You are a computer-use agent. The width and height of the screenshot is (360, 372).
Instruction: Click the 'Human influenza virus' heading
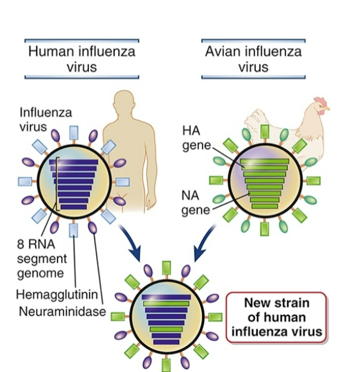82,59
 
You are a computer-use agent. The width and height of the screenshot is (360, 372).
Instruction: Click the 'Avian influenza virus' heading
253,59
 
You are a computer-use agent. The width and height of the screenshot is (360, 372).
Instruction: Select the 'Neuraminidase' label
62,311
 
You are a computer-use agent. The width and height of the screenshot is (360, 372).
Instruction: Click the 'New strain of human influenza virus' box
276,317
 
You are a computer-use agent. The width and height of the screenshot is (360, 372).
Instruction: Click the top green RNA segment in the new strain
166,304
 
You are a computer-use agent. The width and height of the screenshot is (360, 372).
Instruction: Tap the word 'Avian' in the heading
224,51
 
